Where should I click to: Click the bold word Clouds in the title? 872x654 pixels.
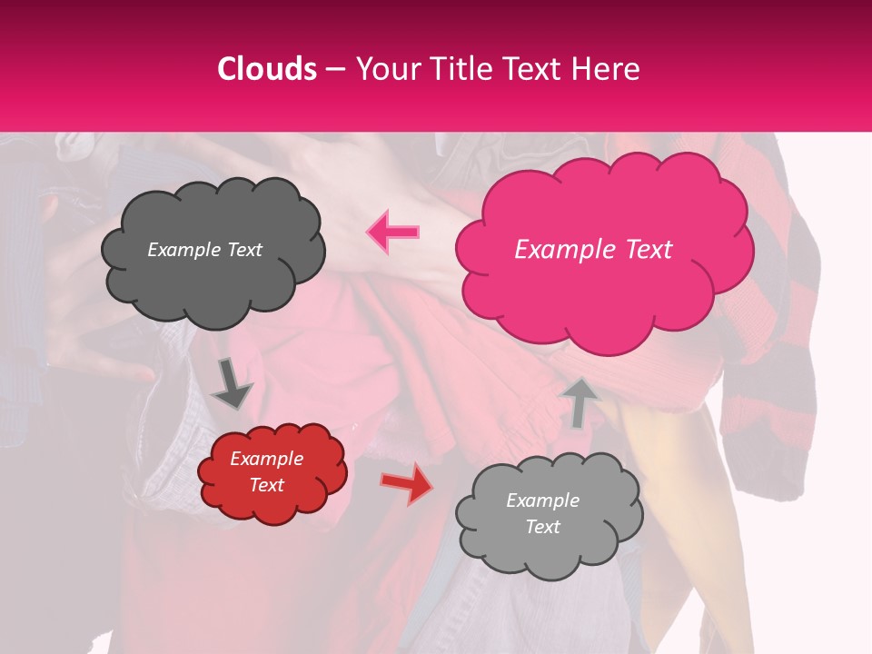267,69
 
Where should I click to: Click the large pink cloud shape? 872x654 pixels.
603,300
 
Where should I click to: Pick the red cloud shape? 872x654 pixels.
272,504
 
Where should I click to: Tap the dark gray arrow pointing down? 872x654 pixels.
233,385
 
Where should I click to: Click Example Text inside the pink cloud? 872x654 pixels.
593,250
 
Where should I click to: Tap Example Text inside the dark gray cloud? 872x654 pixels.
204,250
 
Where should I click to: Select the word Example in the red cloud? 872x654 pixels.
266,459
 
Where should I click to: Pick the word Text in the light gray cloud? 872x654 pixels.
542,527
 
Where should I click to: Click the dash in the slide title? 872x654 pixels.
334,69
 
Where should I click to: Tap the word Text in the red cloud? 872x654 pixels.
266,485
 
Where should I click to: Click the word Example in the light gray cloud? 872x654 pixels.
542,500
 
